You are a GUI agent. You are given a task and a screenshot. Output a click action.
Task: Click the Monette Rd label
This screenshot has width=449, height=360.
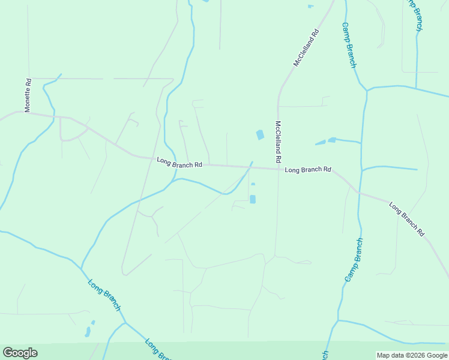point(28,95)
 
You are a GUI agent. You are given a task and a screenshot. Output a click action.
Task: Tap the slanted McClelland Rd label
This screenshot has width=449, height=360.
point(306,47)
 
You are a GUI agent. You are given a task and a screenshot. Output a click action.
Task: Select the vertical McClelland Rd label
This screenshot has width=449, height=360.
point(278,143)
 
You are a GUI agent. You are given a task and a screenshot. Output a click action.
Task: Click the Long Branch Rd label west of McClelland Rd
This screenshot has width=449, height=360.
point(179,162)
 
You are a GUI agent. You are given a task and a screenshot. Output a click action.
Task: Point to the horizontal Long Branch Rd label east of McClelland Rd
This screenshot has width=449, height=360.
point(308,170)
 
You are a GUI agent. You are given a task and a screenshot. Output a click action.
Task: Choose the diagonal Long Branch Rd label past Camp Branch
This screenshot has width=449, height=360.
point(406,218)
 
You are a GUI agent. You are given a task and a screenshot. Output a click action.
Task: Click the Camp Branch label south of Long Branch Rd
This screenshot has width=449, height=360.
point(354,260)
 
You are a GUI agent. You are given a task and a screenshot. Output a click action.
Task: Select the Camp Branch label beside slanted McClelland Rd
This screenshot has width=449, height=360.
point(349,45)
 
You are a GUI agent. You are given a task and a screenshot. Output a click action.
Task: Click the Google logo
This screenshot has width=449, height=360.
point(20,353)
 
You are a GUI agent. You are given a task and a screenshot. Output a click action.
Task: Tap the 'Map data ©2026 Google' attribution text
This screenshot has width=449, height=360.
point(411,355)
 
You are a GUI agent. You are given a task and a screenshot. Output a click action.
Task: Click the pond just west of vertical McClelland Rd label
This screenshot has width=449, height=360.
point(260,135)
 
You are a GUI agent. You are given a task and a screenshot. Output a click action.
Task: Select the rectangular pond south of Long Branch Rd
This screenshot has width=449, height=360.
point(252,199)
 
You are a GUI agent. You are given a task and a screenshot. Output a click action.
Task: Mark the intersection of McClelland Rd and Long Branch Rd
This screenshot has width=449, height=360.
point(279,169)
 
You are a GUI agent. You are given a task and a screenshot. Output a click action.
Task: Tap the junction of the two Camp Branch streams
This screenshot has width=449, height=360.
point(366,91)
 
